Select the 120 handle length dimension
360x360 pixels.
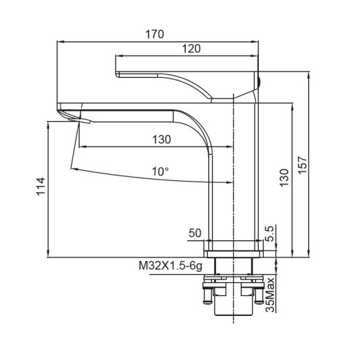click(x=192, y=48)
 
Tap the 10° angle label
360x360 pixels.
click(x=160, y=172)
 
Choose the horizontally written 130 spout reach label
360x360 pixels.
click(x=161, y=140)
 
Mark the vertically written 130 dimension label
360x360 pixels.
click(x=284, y=178)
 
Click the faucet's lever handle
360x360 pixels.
click(x=186, y=81)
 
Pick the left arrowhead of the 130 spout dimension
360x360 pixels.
click(x=82, y=147)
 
